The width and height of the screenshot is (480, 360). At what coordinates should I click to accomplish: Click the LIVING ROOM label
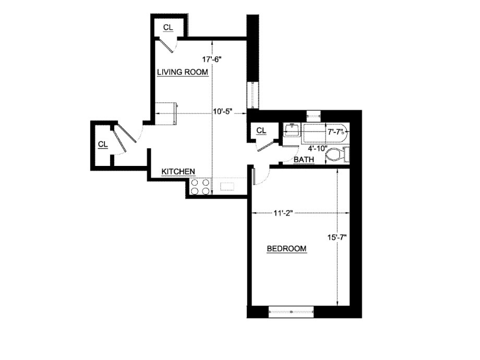tap(183, 72)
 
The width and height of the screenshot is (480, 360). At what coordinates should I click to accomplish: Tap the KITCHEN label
tap(178, 171)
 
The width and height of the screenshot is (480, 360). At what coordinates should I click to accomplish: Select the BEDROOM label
tap(286, 249)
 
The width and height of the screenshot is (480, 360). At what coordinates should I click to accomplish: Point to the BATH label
tap(304, 159)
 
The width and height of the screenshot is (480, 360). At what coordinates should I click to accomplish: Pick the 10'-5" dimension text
tap(222, 112)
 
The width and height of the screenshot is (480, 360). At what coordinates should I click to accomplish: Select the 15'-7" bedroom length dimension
tap(337, 237)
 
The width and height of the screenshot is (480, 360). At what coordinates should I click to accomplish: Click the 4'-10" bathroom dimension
tap(318, 148)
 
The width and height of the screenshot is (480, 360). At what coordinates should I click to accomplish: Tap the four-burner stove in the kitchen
tap(200, 187)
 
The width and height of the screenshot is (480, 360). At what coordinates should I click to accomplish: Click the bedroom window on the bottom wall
tap(291, 312)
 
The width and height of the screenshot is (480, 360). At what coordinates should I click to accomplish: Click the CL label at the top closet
tap(167, 27)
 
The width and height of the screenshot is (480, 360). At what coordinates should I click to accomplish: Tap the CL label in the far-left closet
tap(103, 144)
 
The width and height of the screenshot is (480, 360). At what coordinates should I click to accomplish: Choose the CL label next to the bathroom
tap(261, 130)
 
